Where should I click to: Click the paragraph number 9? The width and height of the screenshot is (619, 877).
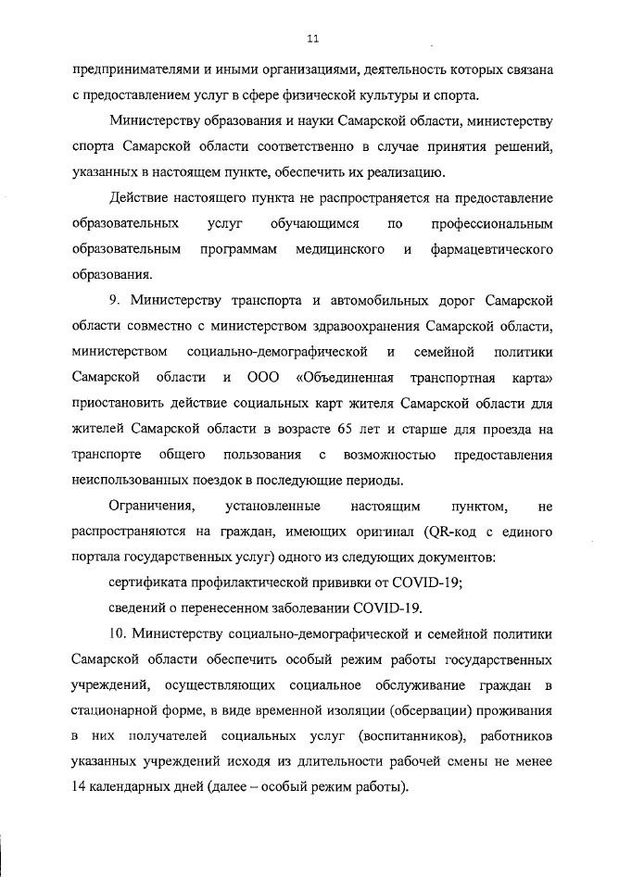(x=114, y=301)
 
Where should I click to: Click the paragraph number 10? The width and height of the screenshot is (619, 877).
(x=118, y=634)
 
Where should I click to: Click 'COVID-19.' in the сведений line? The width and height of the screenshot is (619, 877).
(x=388, y=608)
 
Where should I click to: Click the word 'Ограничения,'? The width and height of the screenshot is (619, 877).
(x=152, y=506)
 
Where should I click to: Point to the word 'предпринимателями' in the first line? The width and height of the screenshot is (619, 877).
(x=130, y=69)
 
